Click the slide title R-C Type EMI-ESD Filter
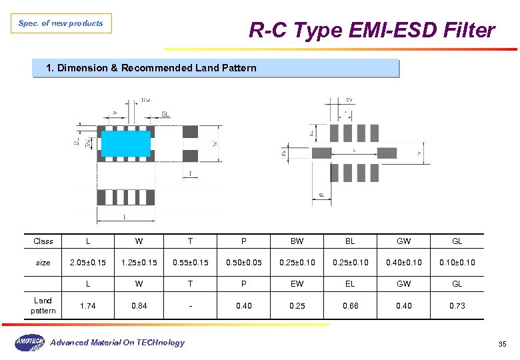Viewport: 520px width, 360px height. (371, 31)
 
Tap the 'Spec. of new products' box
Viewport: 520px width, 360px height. (61, 23)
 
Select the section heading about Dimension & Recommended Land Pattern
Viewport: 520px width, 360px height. (151, 68)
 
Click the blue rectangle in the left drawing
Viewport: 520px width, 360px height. (126, 143)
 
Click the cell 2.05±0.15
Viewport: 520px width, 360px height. (88, 263)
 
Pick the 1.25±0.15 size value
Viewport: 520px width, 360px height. (139, 263)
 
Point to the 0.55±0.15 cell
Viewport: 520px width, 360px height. (190, 263)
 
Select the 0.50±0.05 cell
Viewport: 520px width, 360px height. (243, 263)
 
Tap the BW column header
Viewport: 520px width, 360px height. (297, 241)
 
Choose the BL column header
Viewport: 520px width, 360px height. (350, 241)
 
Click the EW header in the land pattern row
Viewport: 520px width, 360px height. (297, 284)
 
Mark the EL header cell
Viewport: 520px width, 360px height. (350, 284)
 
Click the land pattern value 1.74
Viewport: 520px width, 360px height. (88, 306)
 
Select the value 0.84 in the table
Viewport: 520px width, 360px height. (139, 306)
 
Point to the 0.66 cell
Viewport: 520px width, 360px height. (350, 306)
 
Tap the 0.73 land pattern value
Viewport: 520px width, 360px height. (457, 306)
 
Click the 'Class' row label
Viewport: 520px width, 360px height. (43, 241)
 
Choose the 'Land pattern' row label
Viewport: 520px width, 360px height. (43, 305)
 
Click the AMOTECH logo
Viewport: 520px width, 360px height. (29, 343)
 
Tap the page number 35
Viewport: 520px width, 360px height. (502, 344)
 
